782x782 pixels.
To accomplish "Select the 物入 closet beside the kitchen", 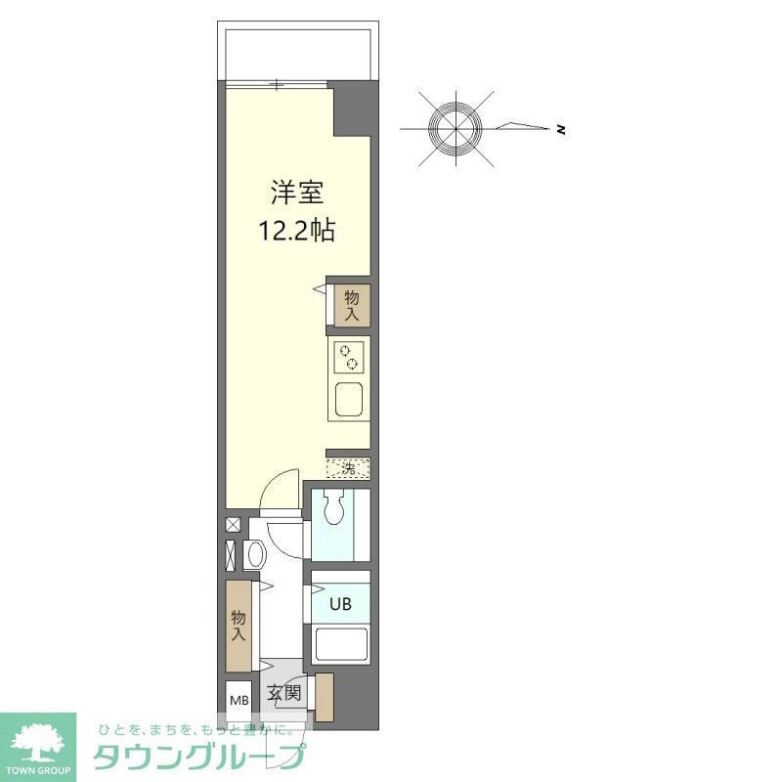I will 351,306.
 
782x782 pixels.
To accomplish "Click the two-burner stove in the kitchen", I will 349,358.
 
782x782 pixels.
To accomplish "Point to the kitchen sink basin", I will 349,400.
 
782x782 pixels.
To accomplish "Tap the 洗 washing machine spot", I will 349,468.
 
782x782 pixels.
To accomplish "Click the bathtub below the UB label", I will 340,646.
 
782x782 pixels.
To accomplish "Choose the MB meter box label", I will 239,700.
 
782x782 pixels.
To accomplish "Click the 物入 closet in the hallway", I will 239,626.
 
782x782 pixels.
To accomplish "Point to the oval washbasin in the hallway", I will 256,554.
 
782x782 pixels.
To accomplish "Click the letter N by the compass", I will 561,129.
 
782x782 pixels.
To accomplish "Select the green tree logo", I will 37,743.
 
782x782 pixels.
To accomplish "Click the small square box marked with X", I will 233,524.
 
